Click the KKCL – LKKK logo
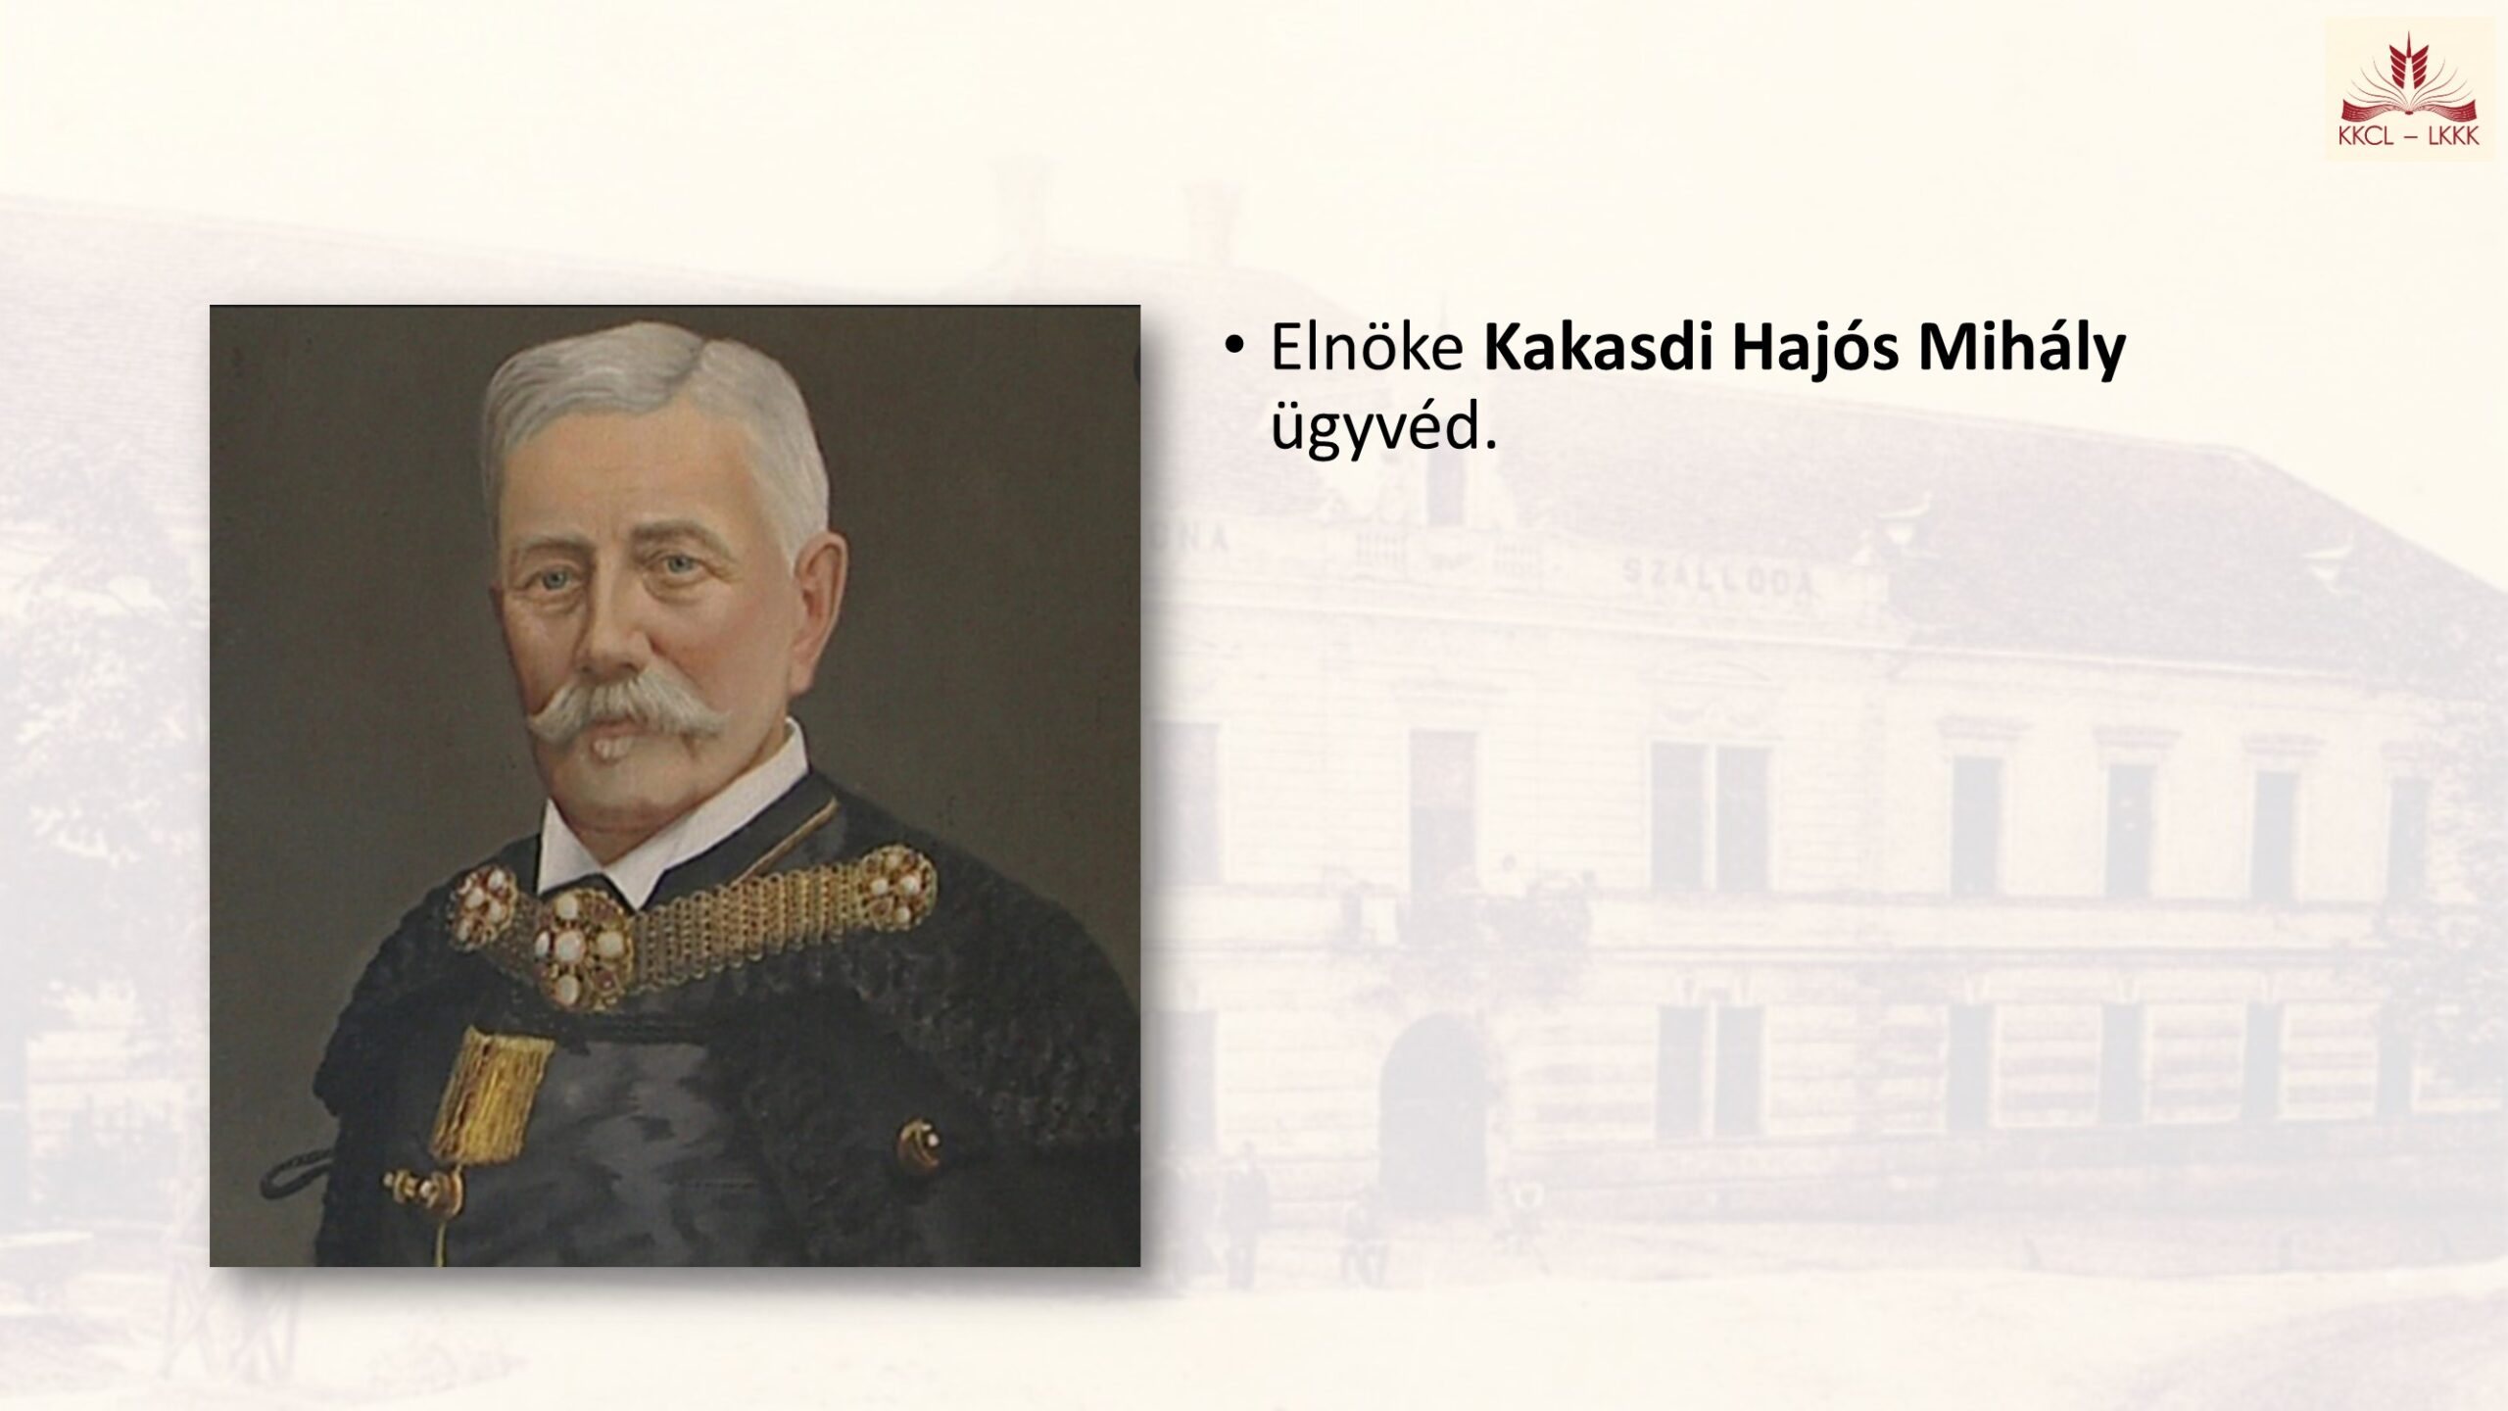(x=2409, y=90)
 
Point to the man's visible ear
(x=819, y=598)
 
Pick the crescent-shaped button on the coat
(x=921, y=1147)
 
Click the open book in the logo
(x=2409, y=108)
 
